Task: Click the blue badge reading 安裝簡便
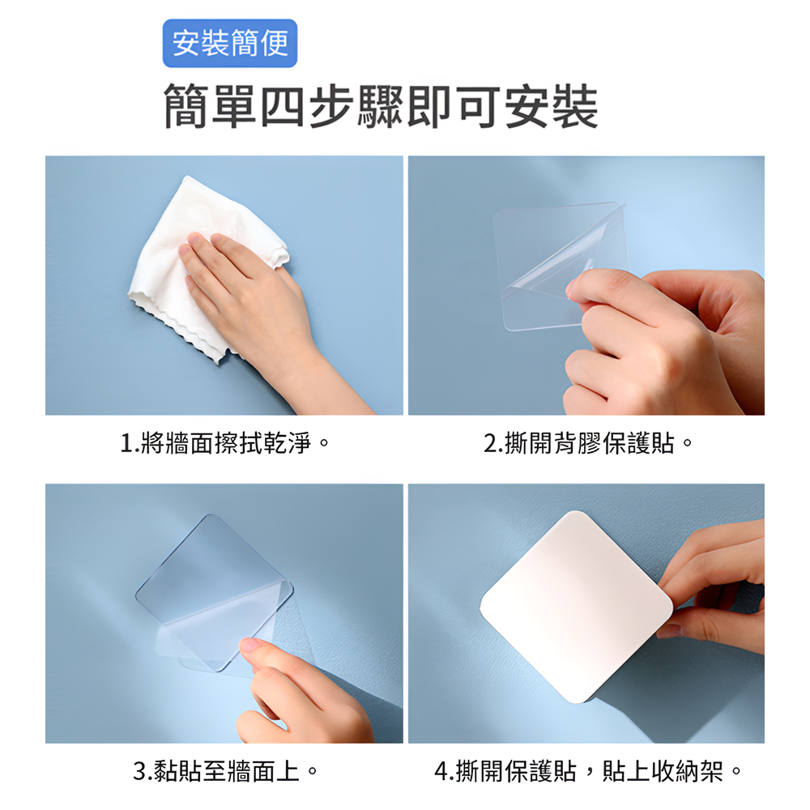tap(230, 43)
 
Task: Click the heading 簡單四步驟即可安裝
tap(381, 107)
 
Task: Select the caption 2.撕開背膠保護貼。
tap(589, 443)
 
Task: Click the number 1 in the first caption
tap(126, 444)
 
